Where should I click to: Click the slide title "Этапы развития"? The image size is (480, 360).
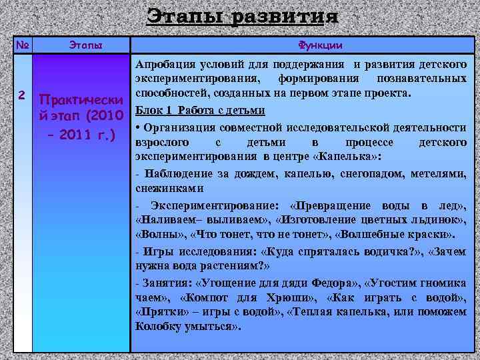241,16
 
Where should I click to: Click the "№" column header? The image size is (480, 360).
23,45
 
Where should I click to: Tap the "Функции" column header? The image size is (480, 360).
320,45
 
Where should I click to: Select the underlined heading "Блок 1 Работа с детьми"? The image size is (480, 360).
200,110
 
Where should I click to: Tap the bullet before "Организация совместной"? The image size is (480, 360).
137,127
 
